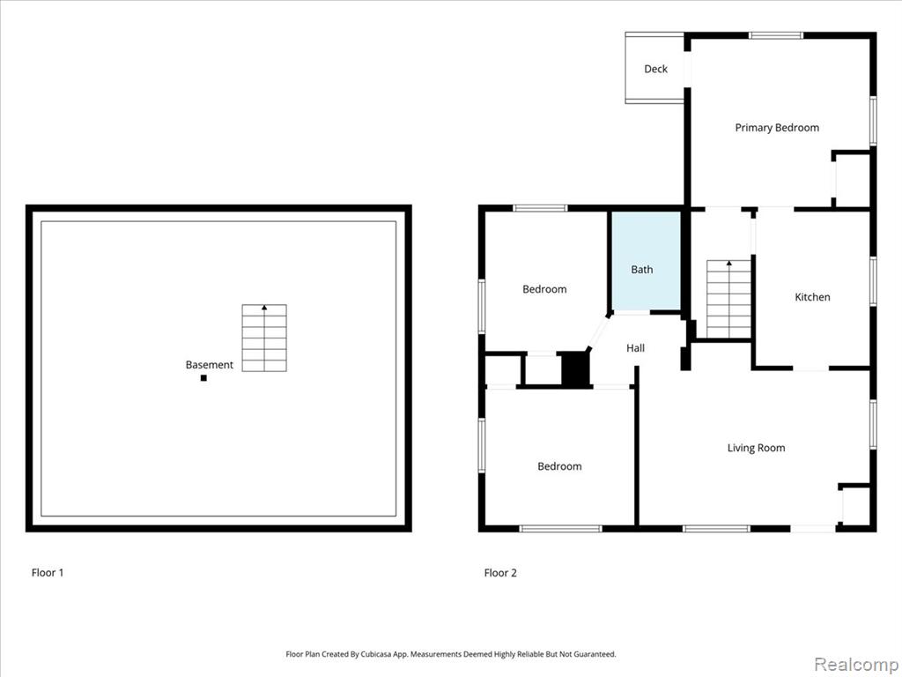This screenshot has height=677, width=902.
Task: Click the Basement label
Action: click(x=210, y=364)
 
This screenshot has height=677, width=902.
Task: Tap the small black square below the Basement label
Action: click(x=203, y=377)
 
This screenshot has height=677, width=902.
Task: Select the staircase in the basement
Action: click(x=264, y=338)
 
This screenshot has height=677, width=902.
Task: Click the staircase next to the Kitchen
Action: click(x=728, y=300)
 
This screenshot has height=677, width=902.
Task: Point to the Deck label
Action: click(x=655, y=69)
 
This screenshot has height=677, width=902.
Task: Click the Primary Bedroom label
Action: click(x=777, y=128)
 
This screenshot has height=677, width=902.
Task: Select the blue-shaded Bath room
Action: click(x=646, y=261)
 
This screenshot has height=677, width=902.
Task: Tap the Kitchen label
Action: click(x=812, y=297)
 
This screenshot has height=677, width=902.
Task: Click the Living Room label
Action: click(x=756, y=448)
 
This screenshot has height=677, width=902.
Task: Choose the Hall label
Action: click(x=636, y=347)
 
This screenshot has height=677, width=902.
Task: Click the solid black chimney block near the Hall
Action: click(x=576, y=369)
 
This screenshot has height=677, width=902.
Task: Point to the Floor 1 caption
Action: click(x=48, y=572)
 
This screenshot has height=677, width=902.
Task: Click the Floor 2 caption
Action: click(x=500, y=572)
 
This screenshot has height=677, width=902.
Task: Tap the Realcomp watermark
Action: click(x=856, y=665)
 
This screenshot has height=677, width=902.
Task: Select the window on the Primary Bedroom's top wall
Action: click(x=776, y=35)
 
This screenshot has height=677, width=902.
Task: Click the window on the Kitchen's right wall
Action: click(x=873, y=281)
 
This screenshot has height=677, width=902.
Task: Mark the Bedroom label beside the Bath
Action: click(x=544, y=289)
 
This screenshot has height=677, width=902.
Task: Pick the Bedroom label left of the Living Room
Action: click(x=559, y=466)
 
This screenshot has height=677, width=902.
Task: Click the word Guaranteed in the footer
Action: click(x=597, y=654)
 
